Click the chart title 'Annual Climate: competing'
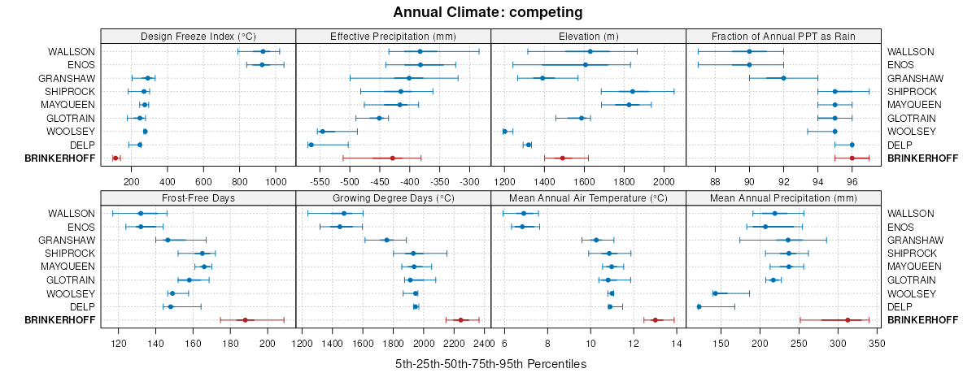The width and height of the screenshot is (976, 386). coord(487,12)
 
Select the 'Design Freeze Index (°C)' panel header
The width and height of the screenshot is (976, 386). coord(198,36)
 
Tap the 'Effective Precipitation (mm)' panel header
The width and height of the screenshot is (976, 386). coord(394,36)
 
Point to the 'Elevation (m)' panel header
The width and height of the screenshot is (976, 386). coord(589,36)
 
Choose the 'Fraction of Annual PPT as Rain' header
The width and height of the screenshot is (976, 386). coord(784,36)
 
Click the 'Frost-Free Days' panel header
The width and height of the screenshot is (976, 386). coord(198,197)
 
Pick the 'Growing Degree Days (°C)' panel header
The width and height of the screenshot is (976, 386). coord(394,197)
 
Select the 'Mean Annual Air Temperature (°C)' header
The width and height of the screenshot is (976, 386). coord(589,197)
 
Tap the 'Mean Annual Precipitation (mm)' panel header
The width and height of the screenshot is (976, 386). coord(784,197)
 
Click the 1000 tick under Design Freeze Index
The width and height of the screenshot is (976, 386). coord(276,182)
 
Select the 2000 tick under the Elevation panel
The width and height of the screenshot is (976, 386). coord(664,182)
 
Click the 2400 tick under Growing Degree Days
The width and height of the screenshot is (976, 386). coord(484,344)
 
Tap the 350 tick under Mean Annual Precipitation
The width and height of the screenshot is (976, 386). coord(877,344)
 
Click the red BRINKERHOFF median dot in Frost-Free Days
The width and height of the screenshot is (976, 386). coord(245,320)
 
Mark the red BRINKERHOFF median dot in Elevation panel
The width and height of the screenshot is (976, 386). coord(562,158)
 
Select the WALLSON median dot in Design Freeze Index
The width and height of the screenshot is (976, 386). coord(263,51)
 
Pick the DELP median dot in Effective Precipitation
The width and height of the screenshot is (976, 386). coord(311,145)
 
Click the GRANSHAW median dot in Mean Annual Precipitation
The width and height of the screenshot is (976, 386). coord(787,240)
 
